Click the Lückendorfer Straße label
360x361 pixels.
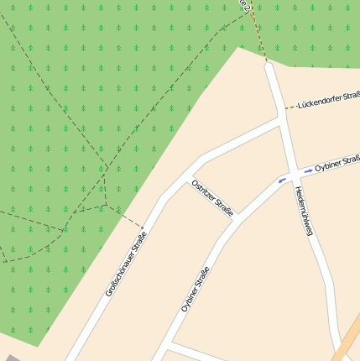(x=328, y=98)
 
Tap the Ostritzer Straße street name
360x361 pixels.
(x=212, y=196)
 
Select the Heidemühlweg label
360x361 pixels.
(x=304, y=210)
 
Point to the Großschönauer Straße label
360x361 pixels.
(x=126, y=262)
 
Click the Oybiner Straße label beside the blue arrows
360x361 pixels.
(x=337, y=163)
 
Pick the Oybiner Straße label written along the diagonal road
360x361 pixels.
(x=195, y=289)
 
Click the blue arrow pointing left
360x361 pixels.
(x=282, y=180)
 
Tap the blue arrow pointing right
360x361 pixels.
(x=308, y=171)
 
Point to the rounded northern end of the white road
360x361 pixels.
(x=269, y=67)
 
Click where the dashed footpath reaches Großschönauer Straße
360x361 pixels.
(x=143, y=227)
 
